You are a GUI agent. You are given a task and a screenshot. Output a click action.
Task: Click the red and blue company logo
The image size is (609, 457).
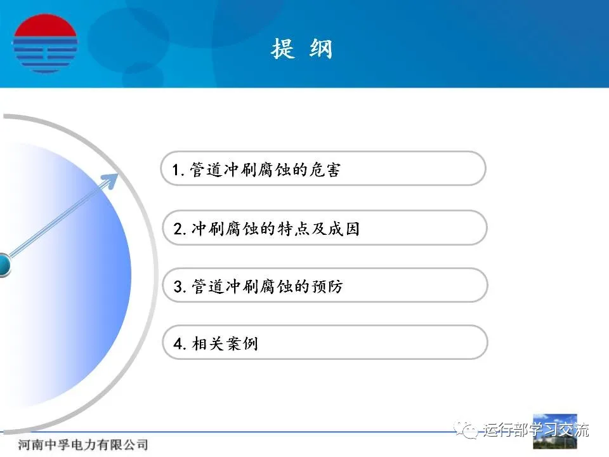(45, 44)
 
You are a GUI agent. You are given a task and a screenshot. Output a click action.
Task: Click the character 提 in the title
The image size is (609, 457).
(283, 49)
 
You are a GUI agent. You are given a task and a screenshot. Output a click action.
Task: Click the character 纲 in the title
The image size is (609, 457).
(321, 49)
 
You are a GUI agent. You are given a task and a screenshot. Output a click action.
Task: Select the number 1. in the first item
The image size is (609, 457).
(178, 170)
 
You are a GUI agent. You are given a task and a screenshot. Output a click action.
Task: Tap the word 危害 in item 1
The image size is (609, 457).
(324, 169)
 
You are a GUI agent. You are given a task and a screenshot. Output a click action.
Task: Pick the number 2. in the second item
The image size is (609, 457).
(180, 229)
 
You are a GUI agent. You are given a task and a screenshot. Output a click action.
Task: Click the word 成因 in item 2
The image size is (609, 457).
(344, 228)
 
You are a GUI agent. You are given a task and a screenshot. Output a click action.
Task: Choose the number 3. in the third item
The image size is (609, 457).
(180, 287)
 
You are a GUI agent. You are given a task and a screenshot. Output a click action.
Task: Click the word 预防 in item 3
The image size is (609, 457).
(327, 286)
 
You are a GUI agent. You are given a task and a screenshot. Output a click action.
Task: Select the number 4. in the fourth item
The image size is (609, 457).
(180, 344)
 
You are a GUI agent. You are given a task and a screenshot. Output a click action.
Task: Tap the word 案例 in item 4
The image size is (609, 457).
(242, 343)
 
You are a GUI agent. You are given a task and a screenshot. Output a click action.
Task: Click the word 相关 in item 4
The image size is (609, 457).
(208, 343)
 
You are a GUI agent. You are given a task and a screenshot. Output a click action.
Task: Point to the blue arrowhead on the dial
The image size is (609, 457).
(109, 181)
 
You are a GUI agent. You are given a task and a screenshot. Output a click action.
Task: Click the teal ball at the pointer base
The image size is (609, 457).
(4, 265)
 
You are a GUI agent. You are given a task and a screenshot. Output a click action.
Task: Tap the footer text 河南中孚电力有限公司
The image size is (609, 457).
(82, 444)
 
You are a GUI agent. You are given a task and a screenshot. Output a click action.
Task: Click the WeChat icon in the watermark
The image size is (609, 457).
(466, 430)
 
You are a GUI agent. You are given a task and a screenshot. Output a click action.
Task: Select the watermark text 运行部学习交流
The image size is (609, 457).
(537, 430)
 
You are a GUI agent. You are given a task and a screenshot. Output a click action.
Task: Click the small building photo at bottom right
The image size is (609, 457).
(555, 432)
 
